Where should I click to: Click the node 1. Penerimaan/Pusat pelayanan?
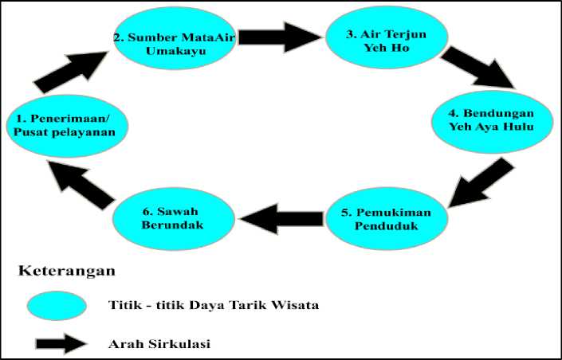(68, 126)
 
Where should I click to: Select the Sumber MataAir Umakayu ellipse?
(175, 38)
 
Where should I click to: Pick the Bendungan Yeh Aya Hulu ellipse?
(492, 122)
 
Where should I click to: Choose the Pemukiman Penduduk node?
(387, 218)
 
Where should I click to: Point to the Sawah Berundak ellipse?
(174, 218)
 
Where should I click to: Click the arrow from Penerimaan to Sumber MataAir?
(71, 72)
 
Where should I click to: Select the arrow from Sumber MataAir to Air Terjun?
(280, 37)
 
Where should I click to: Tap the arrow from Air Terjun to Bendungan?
(478, 67)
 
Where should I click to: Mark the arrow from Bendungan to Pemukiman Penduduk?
(481, 182)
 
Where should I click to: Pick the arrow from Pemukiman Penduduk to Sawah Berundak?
(281, 219)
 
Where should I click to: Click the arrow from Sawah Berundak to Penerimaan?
(81, 185)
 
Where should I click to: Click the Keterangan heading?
(67, 271)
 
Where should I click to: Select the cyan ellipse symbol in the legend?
(57, 306)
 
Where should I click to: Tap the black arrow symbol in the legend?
(61, 343)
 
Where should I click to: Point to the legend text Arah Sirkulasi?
(159, 344)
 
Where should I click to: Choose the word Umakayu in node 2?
(176, 50)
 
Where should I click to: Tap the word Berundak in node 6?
(172, 225)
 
